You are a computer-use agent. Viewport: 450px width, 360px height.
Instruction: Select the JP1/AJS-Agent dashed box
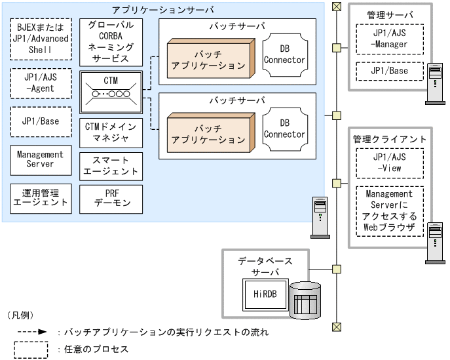point(40,83)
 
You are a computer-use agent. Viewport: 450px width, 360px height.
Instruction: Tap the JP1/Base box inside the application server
point(40,121)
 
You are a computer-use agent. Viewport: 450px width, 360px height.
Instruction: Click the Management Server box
point(40,159)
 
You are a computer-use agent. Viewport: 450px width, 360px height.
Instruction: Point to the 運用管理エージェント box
point(40,197)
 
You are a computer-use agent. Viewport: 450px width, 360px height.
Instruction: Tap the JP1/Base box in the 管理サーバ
point(389,71)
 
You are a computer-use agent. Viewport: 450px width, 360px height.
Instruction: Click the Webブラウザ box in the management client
point(389,210)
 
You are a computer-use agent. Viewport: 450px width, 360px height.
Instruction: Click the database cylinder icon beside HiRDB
point(305,300)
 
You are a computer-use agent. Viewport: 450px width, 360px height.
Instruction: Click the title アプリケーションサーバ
point(163,10)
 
